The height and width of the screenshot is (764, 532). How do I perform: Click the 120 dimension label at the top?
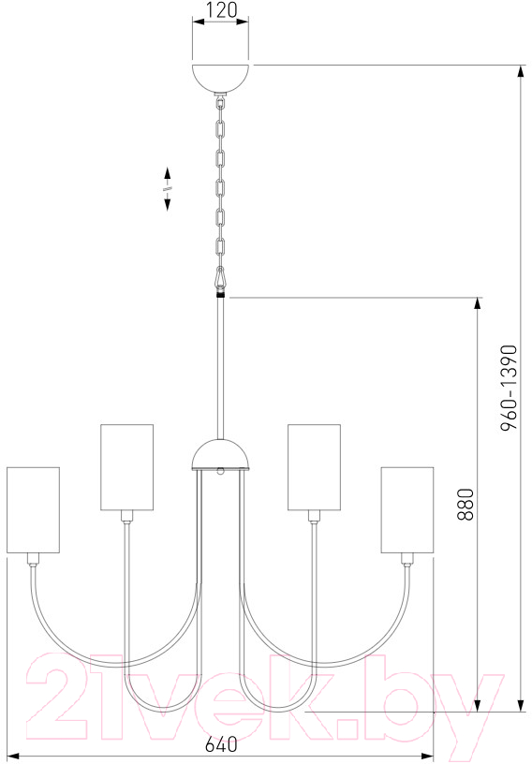[x=221, y=9]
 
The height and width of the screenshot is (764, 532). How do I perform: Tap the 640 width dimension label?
[x=221, y=744]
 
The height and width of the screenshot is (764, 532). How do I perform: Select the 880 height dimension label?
[x=465, y=505]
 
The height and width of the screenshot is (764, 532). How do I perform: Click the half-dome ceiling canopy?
[x=220, y=78]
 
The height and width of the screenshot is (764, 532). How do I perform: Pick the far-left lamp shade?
[x=33, y=510]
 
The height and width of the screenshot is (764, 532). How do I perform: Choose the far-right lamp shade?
[x=407, y=510]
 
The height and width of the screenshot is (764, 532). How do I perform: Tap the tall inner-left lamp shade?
[x=126, y=467]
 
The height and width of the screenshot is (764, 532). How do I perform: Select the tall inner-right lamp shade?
[x=314, y=467]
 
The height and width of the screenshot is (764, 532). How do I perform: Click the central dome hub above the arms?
[x=220, y=454]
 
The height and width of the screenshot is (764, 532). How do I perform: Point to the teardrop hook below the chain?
[x=220, y=280]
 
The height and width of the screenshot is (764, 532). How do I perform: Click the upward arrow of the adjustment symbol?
[x=168, y=174]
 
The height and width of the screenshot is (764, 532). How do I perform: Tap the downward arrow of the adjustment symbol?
[x=168, y=203]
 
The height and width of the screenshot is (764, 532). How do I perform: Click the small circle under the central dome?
[x=220, y=472]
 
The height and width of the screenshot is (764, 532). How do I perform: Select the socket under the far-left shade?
[x=33, y=559]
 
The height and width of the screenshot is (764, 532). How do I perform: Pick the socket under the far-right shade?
[x=407, y=559]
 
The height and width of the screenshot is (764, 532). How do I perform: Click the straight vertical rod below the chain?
[x=220, y=368]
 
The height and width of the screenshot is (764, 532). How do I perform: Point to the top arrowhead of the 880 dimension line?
[x=478, y=305]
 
